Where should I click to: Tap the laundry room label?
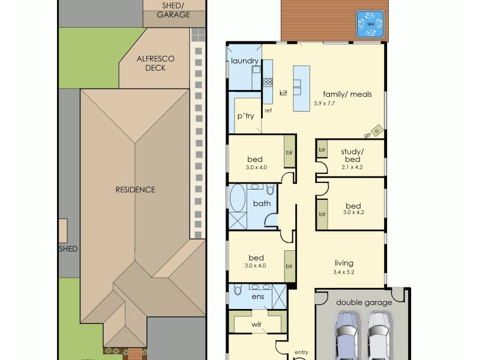click(x=244, y=61)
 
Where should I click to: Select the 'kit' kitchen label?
click(x=283, y=93)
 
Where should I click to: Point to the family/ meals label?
click(x=347, y=94)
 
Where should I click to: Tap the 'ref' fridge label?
click(x=268, y=111)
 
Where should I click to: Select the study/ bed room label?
click(x=350, y=155)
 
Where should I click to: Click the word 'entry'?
click(x=301, y=353)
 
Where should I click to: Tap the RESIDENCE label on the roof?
click(x=135, y=190)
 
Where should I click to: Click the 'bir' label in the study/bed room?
click(x=322, y=149)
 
